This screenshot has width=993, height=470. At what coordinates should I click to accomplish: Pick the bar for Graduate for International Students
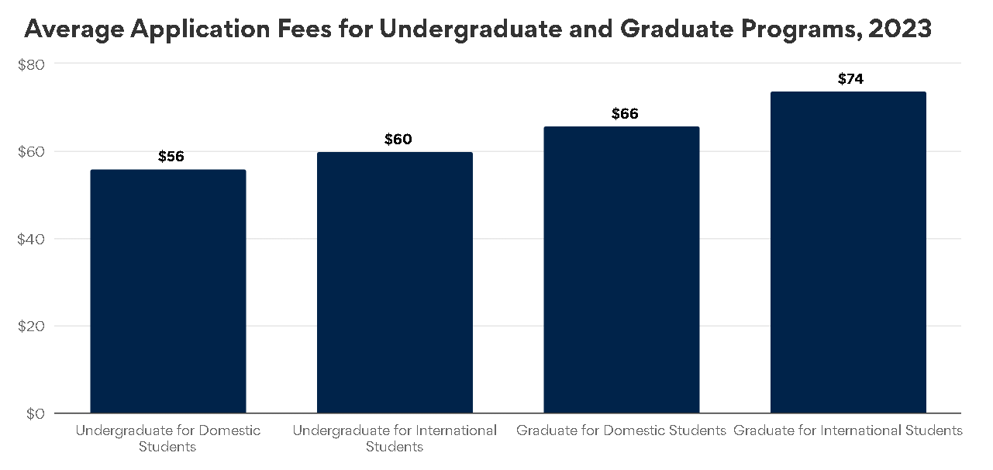tap(848, 252)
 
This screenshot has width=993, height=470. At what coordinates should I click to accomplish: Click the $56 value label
tap(171, 157)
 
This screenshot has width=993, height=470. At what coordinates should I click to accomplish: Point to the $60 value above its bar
tap(398, 140)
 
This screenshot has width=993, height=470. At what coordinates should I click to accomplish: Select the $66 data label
tap(625, 114)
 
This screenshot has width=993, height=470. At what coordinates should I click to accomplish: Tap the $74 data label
tap(851, 79)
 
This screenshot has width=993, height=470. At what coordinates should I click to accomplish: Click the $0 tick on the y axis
tap(33, 414)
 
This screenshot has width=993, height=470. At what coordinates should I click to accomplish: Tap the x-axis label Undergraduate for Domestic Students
tap(168, 438)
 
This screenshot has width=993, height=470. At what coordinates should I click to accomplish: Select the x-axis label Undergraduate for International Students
tap(395, 438)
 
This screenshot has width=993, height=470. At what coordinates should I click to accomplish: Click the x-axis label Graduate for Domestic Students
tap(621, 430)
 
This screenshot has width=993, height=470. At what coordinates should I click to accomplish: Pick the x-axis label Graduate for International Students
tap(848, 430)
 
